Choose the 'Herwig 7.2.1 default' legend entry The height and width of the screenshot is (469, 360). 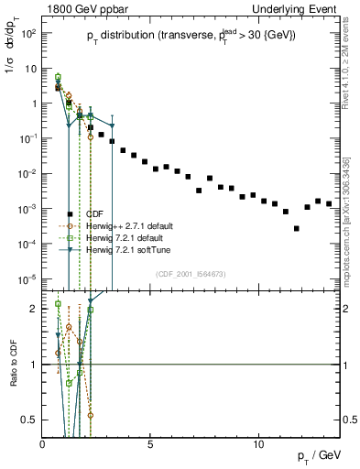125,237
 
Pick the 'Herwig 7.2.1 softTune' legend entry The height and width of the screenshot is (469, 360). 126,249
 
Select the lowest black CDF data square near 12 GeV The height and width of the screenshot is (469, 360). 296,229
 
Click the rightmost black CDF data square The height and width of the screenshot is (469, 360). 329,203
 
